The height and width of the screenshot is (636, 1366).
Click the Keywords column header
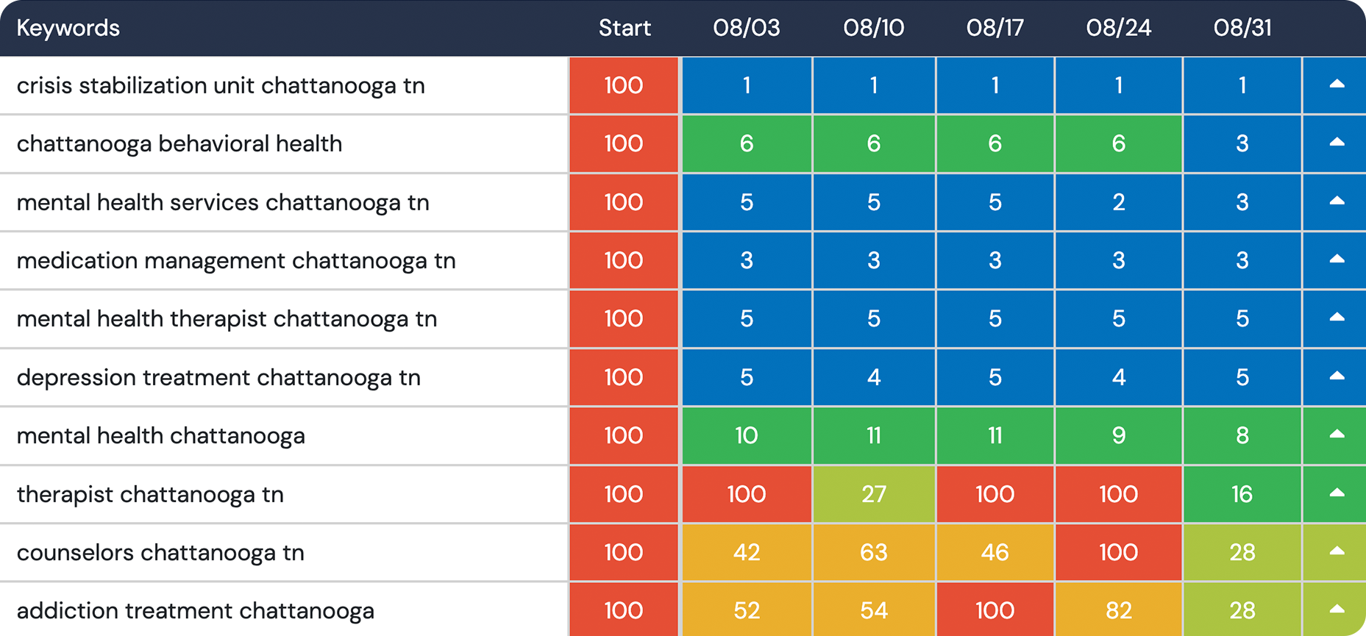pyautogui.click(x=68, y=28)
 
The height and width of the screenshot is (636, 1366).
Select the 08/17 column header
pyautogui.click(x=995, y=28)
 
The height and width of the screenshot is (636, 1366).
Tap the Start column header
pyautogui.click(x=625, y=28)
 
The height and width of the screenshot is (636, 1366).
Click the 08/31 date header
pyautogui.click(x=1242, y=28)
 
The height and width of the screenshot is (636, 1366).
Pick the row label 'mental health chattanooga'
pyautogui.click(x=160, y=436)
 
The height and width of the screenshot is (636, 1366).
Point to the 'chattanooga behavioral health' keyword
pyautogui.click(x=179, y=143)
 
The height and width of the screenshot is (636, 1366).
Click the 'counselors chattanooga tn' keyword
pyautogui.click(x=160, y=553)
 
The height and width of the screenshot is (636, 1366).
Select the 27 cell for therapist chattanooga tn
pyautogui.click(x=873, y=494)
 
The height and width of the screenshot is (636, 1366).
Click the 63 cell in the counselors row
pyautogui.click(x=873, y=553)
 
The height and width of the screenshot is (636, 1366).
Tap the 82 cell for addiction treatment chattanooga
pyautogui.click(x=1118, y=610)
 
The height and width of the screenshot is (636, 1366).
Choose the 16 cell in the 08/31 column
pyautogui.click(x=1242, y=494)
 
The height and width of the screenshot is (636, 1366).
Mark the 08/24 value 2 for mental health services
pyautogui.click(x=1118, y=202)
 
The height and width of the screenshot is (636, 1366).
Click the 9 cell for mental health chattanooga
pyautogui.click(x=1118, y=436)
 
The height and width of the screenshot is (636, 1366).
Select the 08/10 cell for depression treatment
pyautogui.click(x=873, y=377)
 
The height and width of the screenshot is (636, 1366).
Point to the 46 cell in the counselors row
pyautogui.click(x=995, y=553)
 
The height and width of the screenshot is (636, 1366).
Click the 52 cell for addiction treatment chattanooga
pyautogui.click(x=746, y=610)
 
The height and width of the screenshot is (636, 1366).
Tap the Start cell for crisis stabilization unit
pyautogui.click(x=624, y=85)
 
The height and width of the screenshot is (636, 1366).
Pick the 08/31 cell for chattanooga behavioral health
pyautogui.click(x=1242, y=143)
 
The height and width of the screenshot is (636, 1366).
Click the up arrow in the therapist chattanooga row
pyautogui.click(x=1337, y=493)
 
